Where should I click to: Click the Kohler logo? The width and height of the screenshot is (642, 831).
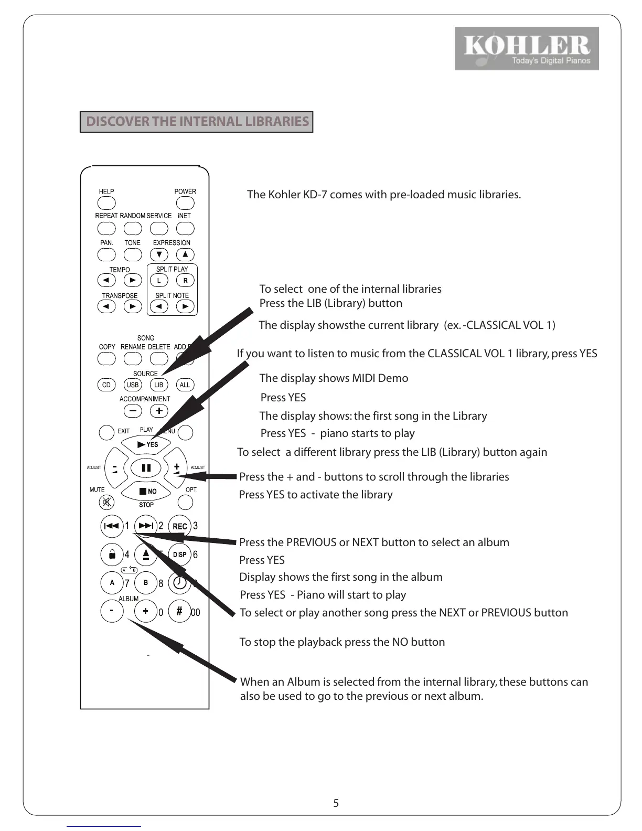527,48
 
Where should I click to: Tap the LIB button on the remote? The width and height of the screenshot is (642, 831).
158,385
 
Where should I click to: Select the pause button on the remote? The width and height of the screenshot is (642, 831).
146,467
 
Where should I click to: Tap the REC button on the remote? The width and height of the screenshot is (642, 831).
179,526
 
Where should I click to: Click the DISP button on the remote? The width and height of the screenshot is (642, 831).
179,555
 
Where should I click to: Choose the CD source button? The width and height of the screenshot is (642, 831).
106,385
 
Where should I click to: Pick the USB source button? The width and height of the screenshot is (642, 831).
133,385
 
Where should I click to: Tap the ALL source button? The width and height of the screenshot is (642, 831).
185,385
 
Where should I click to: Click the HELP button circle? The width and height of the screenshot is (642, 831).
106,203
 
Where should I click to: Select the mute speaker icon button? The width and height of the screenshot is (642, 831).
106,503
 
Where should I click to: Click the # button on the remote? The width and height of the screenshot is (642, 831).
179,611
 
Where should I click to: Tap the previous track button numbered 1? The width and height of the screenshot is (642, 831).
112,526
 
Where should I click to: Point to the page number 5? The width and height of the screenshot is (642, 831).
336,803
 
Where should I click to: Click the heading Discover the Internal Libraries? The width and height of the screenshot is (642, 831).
197,122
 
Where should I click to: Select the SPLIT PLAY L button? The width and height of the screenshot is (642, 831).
159,281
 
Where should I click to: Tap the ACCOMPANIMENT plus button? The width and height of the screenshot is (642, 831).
159,411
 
